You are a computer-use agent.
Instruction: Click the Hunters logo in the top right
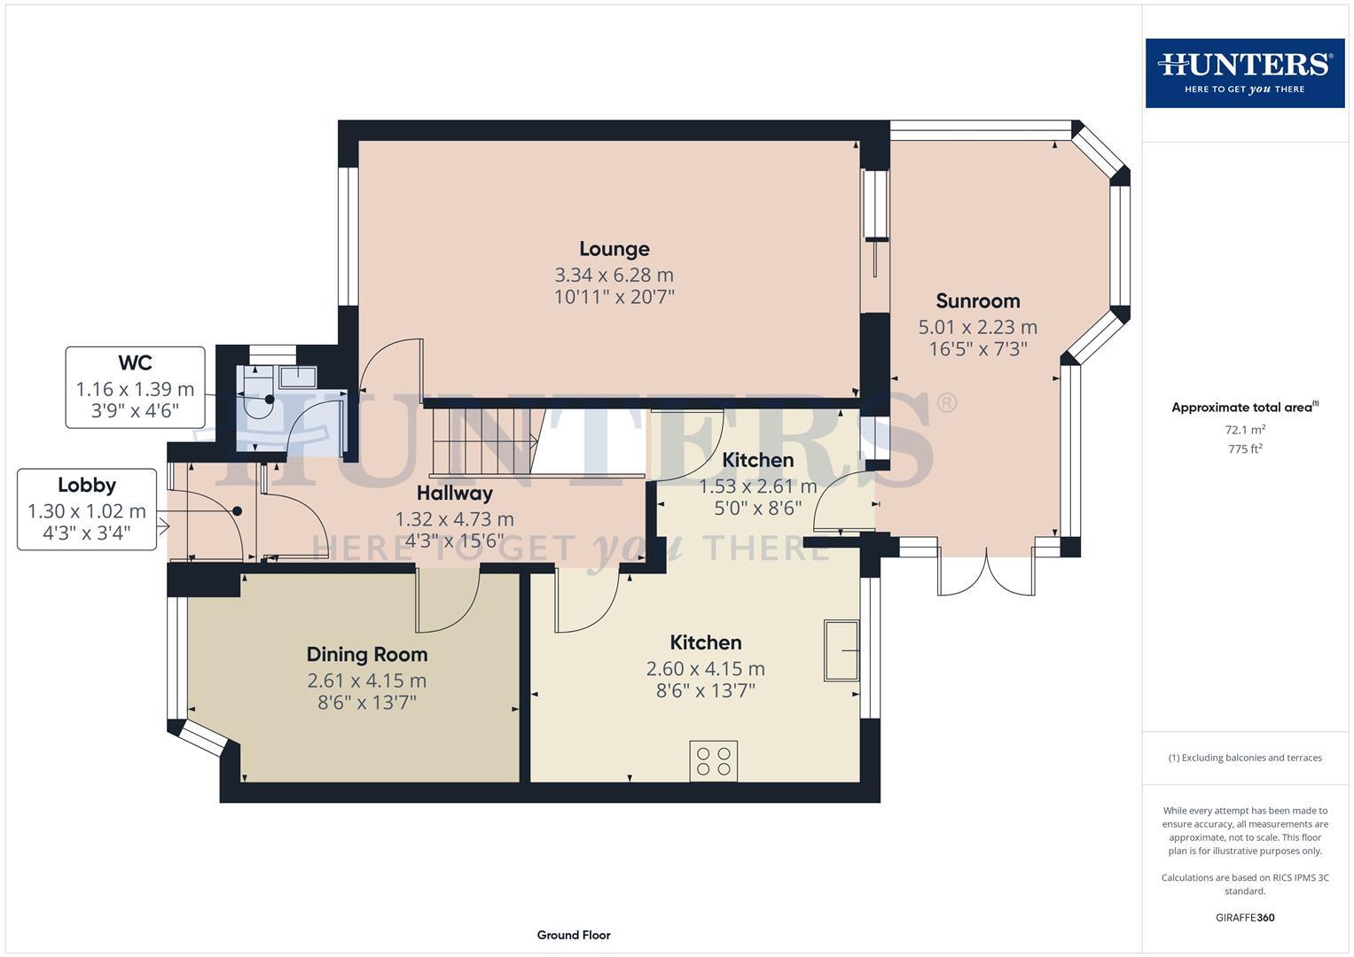[1244, 73]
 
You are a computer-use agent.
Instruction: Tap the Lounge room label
[614, 249]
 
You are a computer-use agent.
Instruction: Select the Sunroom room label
[977, 300]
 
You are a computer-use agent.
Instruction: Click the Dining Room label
[367, 655]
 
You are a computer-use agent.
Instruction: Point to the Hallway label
[454, 493]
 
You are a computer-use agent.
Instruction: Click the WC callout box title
[135, 363]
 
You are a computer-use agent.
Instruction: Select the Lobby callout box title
[87, 486]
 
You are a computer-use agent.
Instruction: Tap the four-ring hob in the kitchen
[714, 761]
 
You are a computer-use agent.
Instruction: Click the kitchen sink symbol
[841, 651]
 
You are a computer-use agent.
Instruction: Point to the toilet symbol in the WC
[259, 403]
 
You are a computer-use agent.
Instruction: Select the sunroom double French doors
[985, 572]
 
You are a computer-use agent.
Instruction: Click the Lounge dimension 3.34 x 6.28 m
[614, 275]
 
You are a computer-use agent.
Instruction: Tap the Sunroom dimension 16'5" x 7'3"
[977, 349]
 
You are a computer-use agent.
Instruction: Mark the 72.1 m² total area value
[1244, 430]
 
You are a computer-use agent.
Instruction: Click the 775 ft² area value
[1244, 449]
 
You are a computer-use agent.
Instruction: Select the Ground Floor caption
[574, 935]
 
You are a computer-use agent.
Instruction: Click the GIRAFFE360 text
[1244, 917]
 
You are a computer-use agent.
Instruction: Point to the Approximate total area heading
[1244, 408]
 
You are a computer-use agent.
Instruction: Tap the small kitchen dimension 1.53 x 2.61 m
[757, 486]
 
